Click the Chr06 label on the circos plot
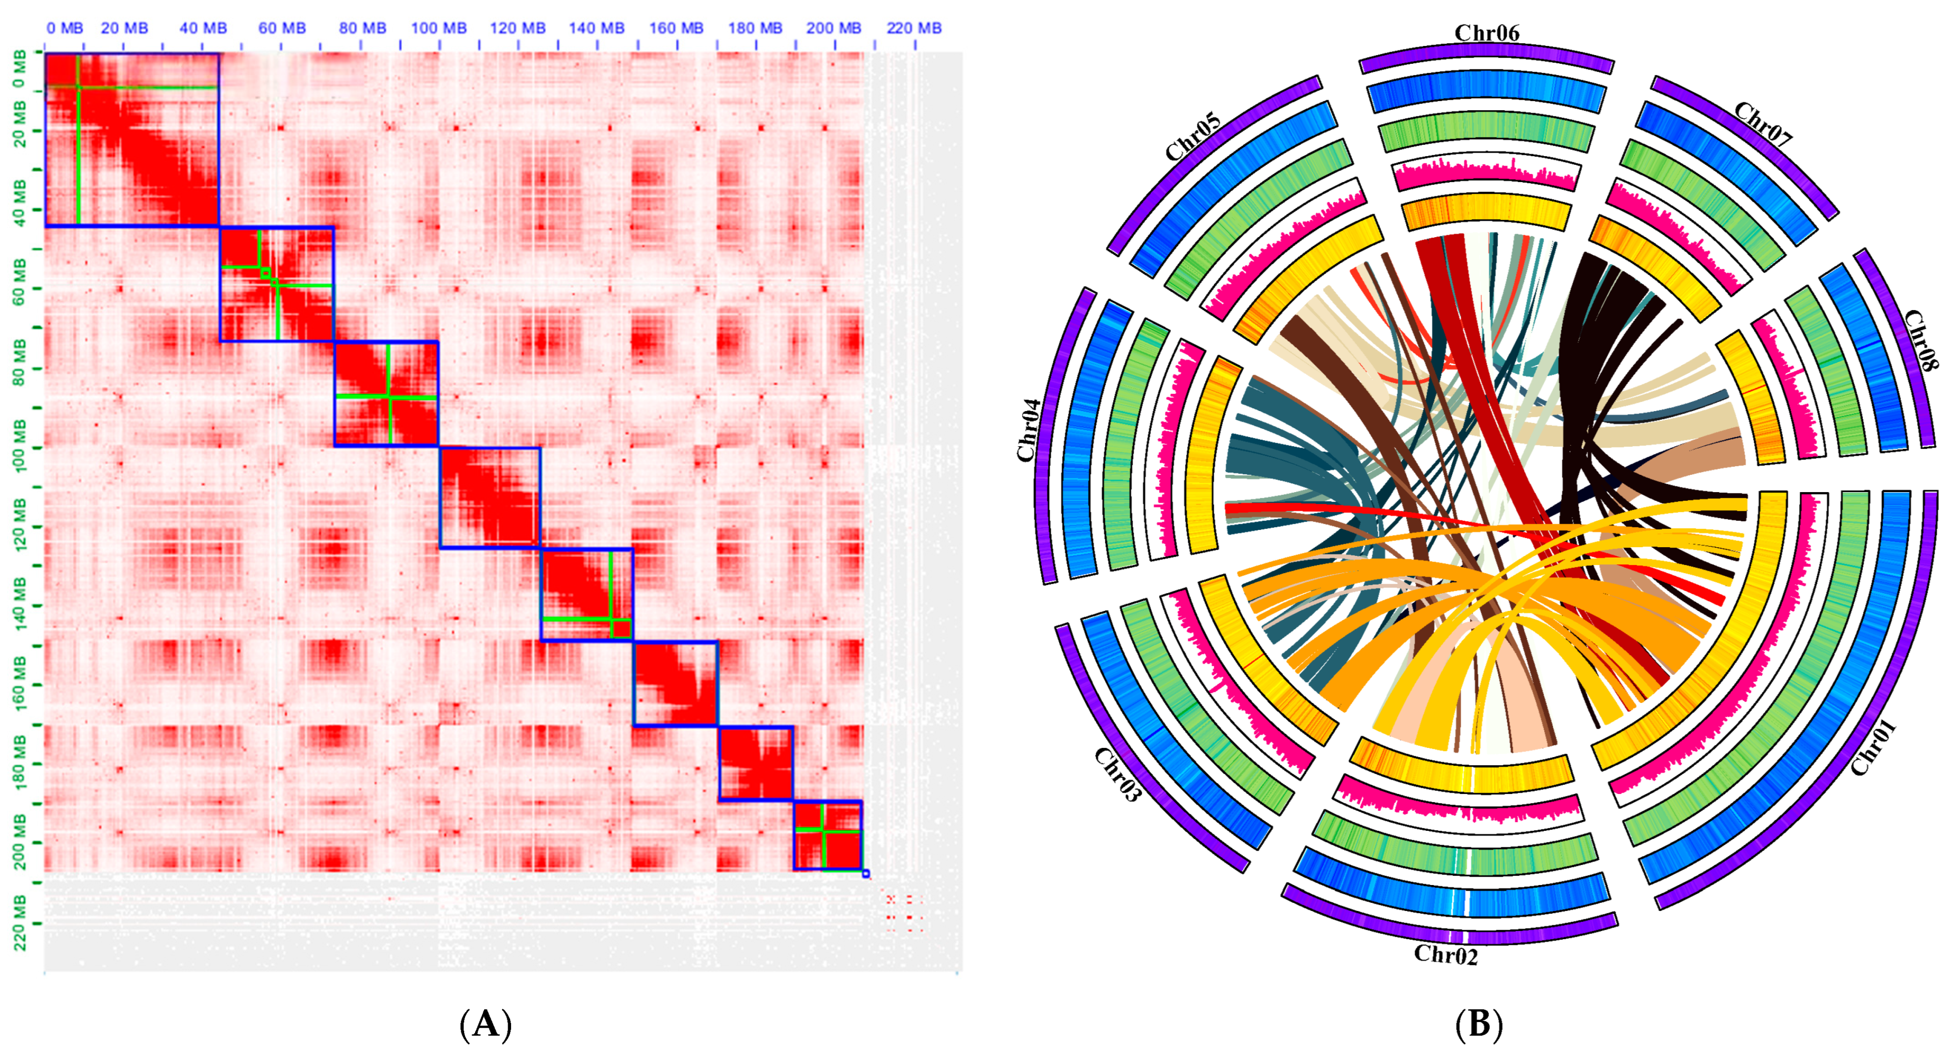tap(1486, 34)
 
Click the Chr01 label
tap(1873, 748)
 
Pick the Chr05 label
tap(1192, 137)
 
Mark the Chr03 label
tap(1117, 773)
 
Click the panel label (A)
tap(486, 1024)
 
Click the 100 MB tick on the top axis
tap(439, 29)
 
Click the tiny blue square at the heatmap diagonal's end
tap(866, 874)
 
